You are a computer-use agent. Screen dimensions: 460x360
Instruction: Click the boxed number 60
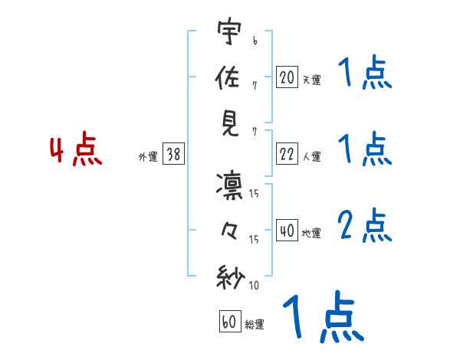(228, 322)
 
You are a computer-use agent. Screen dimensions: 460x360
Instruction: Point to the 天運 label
(311, 80)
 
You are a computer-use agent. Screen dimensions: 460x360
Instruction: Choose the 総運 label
(254, 324)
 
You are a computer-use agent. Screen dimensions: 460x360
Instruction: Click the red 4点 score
(75, 151)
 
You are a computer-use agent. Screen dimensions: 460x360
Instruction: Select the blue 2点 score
(364, 225)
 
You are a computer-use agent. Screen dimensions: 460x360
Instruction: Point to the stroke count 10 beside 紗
(254, 286)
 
